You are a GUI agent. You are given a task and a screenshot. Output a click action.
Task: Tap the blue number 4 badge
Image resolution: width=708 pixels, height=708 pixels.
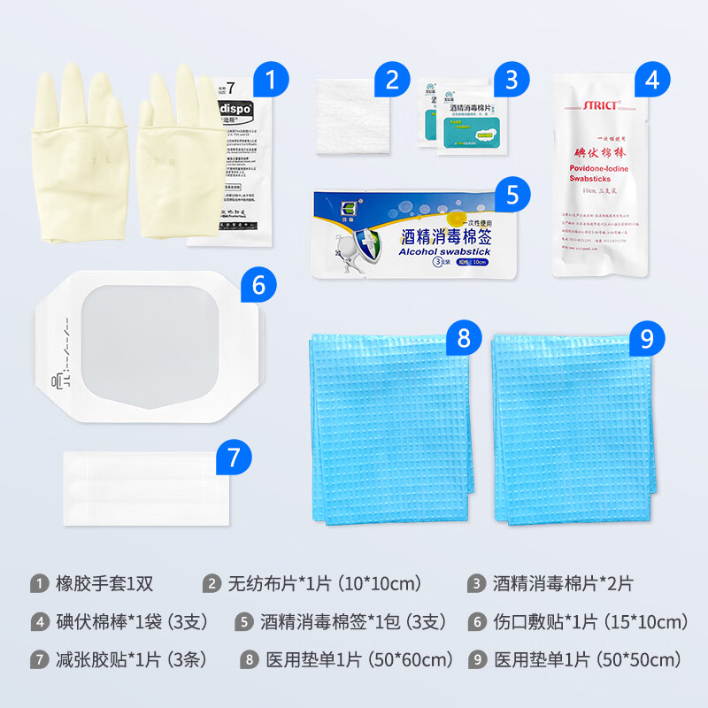coord(652,81)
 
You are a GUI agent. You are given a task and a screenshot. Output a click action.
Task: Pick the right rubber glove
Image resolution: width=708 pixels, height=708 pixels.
coord(181,150)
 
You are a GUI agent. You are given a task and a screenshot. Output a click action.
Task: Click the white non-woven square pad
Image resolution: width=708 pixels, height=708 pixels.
coord(352,117)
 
